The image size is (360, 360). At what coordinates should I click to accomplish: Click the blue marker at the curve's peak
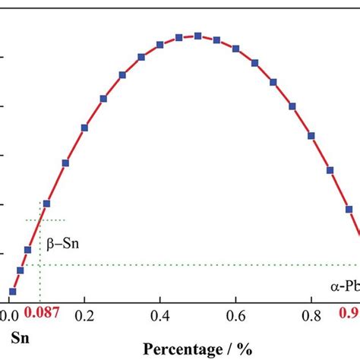click(198, 36)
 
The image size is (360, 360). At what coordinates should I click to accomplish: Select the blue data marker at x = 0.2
click(84, 128)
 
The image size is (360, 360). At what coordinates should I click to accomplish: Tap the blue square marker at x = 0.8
click(311, 136)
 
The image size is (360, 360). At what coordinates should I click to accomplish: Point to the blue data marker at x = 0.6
click(235, 49)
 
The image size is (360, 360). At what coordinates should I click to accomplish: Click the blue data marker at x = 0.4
click(160, 45)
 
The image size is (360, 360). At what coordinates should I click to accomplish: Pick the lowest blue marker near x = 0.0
click(12, 291)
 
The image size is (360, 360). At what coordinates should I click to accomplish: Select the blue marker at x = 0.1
click(46, 204)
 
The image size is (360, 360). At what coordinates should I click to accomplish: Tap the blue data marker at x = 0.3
click(122, 75)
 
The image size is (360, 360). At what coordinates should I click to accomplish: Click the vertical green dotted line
click(39, 251)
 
